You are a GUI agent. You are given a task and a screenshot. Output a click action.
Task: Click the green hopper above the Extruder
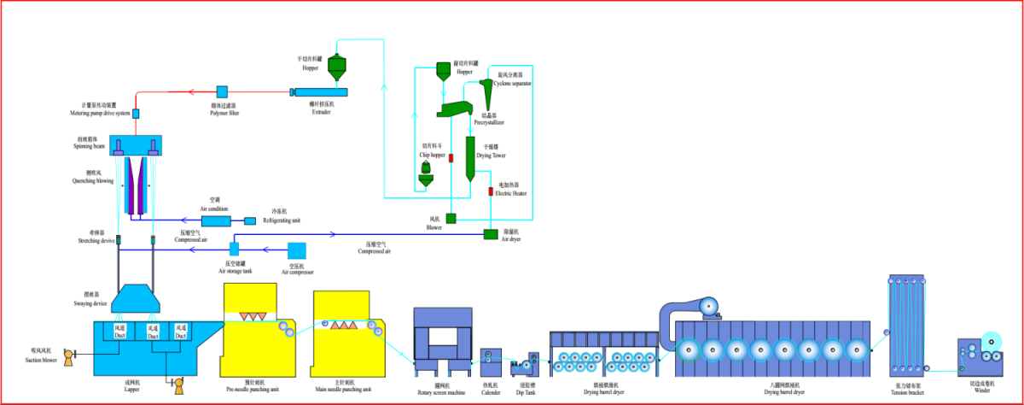click(337, 67)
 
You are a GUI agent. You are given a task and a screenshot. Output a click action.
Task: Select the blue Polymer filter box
click(222, 91)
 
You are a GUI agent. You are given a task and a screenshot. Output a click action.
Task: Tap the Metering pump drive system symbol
click(135, 114)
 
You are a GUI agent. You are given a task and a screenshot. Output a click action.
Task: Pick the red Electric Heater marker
click(491, 191)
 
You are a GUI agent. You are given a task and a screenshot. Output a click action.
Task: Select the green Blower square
click(451, 218)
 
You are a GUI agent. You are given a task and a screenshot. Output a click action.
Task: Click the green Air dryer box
click(492, 233)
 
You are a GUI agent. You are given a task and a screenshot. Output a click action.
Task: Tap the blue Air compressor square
click(297, 250)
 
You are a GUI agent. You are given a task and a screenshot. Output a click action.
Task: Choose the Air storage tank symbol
click(234, 249)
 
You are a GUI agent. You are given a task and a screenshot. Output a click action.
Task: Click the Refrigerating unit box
click(250, 221)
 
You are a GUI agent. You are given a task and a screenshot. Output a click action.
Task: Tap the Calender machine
click(491, 362)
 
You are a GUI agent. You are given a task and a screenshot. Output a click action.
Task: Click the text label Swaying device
click(89, 304)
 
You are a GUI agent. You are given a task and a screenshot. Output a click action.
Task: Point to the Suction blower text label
click(40, 360)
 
